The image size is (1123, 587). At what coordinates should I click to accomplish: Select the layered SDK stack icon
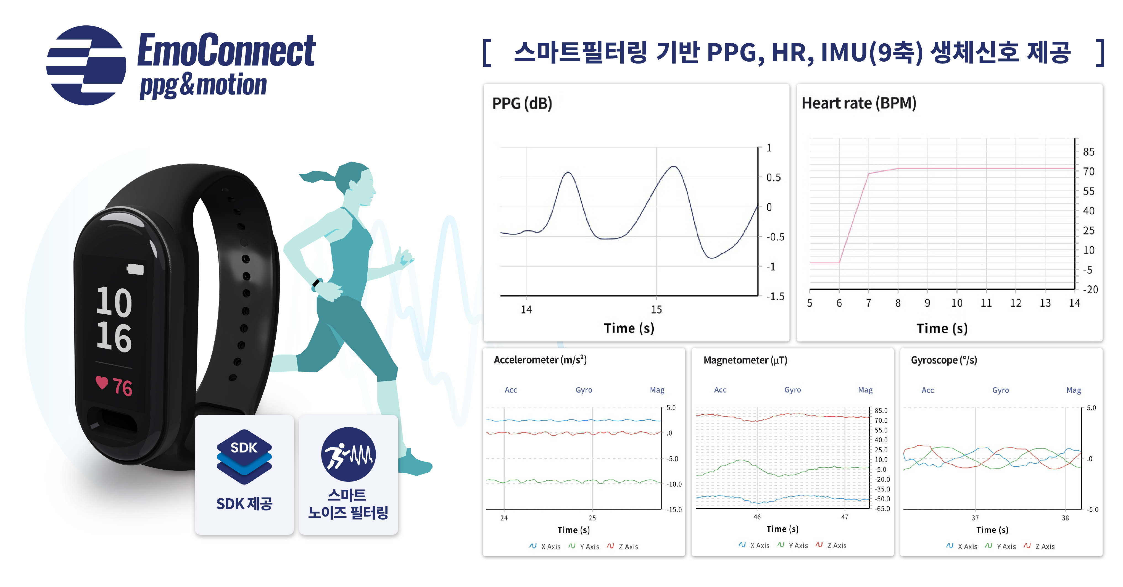[244, 457]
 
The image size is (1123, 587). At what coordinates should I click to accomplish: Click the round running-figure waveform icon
[348, 454]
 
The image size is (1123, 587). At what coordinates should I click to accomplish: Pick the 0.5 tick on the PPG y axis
[773, 178]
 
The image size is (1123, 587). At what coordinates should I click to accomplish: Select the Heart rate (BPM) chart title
[859, 103]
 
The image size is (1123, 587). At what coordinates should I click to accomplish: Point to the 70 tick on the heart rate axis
[1088, 171]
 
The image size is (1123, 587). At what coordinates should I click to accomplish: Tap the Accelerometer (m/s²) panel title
[540, 360]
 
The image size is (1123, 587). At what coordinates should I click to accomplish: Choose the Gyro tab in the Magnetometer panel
[793, 390]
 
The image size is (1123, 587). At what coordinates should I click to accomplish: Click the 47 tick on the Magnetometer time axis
[845, 517]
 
